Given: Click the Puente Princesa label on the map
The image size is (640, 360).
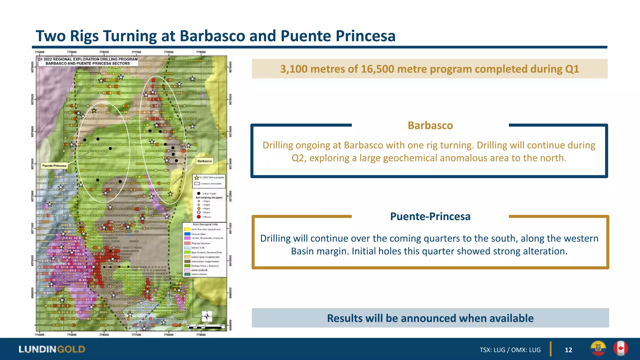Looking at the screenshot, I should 54,166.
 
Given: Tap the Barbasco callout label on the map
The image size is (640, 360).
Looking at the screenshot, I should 204,161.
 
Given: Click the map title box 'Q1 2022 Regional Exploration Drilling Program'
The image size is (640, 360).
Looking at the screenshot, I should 88,61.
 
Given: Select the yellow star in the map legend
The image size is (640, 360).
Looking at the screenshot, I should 197,177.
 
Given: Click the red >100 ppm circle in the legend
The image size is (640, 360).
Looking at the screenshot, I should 199,217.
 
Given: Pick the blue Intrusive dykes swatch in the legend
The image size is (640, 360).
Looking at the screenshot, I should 187,234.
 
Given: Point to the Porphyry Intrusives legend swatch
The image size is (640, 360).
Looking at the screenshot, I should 187,243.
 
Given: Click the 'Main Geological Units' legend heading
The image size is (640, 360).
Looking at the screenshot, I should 205,224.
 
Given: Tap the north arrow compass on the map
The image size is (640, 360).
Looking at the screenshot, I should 207,316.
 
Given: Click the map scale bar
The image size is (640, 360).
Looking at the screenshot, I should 206,327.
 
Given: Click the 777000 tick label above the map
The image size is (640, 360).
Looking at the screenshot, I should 136,52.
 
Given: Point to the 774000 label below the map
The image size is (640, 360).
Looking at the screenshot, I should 39,335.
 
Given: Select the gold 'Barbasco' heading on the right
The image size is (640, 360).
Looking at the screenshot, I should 430,125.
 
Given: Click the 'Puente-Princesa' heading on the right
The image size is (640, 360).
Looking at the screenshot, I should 430,216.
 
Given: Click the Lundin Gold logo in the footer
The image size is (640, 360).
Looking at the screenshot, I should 52,349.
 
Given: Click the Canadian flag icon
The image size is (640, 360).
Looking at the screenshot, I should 620,348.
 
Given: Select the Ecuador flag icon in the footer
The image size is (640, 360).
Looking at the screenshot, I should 598,348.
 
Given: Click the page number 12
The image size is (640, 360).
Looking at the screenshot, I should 568,350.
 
